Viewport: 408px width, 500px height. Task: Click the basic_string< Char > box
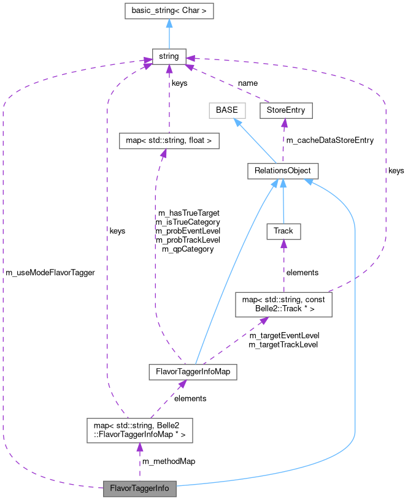(x=169, y=11)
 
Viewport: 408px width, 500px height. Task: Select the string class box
(x=169, y=56)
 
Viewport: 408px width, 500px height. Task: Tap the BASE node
(x=226, y=110)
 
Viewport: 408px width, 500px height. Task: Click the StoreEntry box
(x=286, y=110)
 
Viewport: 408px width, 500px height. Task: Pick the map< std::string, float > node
(x=169, y=141)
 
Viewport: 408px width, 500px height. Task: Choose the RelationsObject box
(x=283, y=171)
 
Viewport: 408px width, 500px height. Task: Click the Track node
(x=283, y=231)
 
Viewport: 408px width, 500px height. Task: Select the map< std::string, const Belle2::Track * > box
(x=283, y=304)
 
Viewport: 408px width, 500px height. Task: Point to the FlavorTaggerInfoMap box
(x=193, y=371)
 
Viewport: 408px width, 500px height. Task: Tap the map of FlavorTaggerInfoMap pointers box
(x=140, y=431)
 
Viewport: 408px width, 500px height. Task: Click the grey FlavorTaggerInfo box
(x=140, y=489)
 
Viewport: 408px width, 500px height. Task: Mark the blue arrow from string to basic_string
(x=169, y=34)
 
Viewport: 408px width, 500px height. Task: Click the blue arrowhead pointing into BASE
(x=236, y=122)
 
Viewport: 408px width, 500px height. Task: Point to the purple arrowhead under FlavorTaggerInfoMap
(x=182, y=384)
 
